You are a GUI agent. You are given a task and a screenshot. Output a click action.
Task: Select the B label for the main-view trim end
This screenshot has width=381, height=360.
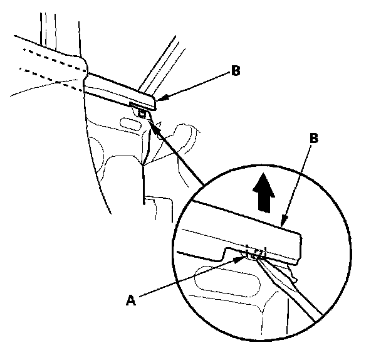tap(236, 71)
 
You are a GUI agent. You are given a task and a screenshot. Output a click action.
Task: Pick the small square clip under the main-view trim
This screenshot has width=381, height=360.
tap(143, 114)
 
